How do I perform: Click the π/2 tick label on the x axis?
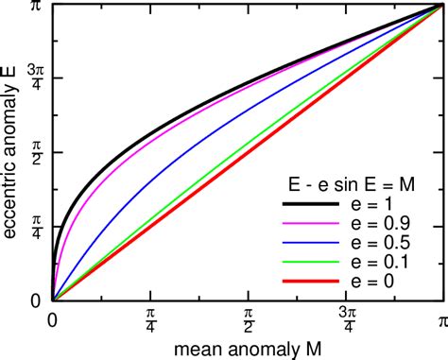247,320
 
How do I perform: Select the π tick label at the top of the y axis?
35,7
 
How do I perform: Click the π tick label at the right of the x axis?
440,320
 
